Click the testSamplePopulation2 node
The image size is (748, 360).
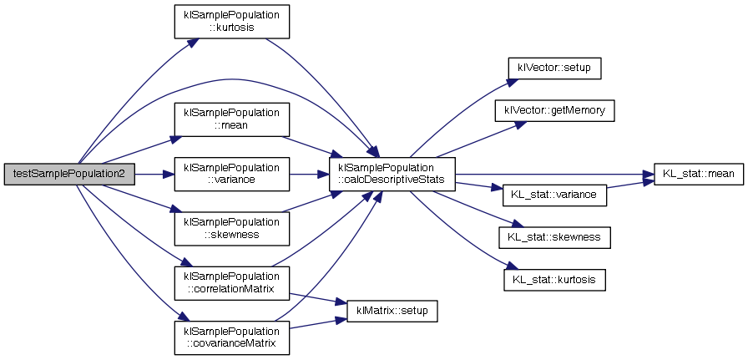pos(68,174)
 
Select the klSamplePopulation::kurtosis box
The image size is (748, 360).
pos(230,21)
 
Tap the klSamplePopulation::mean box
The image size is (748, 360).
pos(230,119)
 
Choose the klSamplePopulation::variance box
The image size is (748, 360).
pos(230,174)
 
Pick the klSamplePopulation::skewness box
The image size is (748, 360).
pos(230,228)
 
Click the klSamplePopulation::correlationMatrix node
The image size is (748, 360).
pos(230,282)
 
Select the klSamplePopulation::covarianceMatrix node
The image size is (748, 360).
pos(230,337)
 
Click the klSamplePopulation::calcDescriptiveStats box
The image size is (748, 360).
pos(392,174)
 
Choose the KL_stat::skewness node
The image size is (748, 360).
pos(554,238)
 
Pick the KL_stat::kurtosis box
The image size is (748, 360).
pos(554,279)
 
